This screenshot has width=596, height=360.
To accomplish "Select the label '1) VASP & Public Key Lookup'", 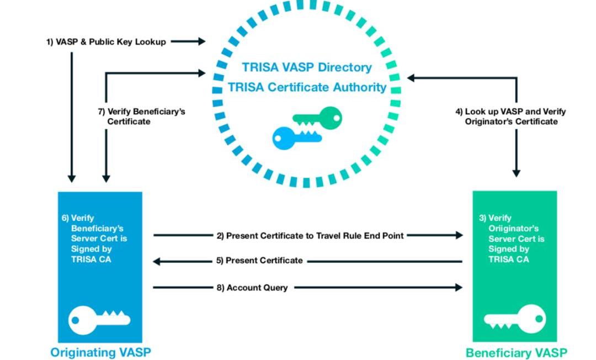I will (x=105, y=42).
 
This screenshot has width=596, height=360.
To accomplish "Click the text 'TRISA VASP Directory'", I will (x=307, y=67).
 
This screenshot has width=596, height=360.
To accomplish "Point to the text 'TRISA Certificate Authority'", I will (x=307, y=87).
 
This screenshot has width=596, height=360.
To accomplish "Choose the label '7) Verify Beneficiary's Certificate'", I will (x=141, y=116).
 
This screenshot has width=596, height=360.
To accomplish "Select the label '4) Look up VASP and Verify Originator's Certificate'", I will (x=510, y=116).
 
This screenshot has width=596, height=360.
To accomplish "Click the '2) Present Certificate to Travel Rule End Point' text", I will (x=310, y=236).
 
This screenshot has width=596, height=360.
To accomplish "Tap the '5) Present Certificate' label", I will (x=259, y=261).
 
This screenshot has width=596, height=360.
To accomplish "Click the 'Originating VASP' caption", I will (x=100, y=352).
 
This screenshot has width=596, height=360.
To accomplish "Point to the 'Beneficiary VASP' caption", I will (x=516, y=352).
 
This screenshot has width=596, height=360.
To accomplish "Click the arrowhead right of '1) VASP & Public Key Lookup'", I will (x=201, y=41).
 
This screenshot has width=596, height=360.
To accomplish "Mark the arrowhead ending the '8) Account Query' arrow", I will (x=459, y=287).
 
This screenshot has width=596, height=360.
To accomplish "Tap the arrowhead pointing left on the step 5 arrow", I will (x=157, y=261).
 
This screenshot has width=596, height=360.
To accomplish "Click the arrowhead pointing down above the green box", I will (x=517, y=173).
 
